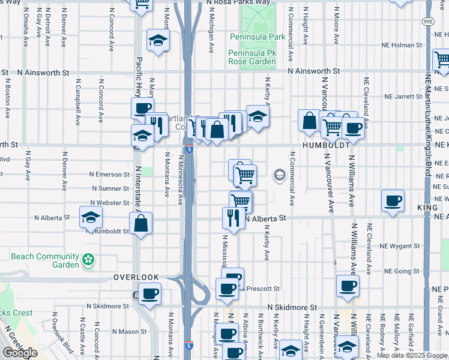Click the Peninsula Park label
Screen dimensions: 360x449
258,37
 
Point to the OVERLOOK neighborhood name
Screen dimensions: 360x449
136,277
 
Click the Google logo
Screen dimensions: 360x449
20,353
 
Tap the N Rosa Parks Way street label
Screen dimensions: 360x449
238,2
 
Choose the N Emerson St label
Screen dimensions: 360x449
109,175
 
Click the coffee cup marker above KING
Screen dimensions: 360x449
393,201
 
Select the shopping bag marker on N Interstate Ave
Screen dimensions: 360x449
140,224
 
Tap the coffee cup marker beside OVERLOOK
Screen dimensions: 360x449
149,294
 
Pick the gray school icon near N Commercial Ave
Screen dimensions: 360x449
279,175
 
